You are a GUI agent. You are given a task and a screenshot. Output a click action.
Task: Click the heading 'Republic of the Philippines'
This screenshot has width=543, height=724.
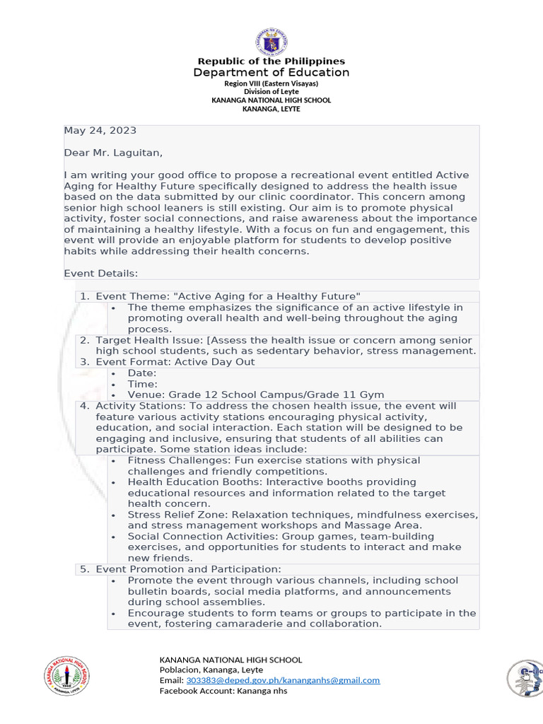click(x=271, y=62)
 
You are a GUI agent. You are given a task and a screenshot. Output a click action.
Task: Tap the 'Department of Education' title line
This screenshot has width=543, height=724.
click(x=271, y=73)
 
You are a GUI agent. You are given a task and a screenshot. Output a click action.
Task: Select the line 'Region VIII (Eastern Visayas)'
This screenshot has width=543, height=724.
click(x=271, y=83)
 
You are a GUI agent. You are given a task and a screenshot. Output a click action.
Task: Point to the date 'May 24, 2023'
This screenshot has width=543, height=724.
click(x=100, y=131)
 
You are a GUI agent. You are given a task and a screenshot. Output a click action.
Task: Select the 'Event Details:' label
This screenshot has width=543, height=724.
click(x=101, y=273)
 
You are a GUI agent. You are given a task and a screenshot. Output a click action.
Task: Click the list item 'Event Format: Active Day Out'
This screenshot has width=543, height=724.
click(x=175, y=362)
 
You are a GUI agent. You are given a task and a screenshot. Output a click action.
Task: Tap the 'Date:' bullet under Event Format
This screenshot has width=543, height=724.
click(x=142, y=373)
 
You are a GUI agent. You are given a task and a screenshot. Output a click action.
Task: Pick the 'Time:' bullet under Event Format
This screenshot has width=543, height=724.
click(x=143, y=384)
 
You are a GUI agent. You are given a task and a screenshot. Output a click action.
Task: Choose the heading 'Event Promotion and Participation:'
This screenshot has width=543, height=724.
click(x=188, y=569)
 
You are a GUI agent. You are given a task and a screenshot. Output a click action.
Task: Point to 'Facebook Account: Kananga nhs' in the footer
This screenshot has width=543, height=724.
click(x=223, y=691)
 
